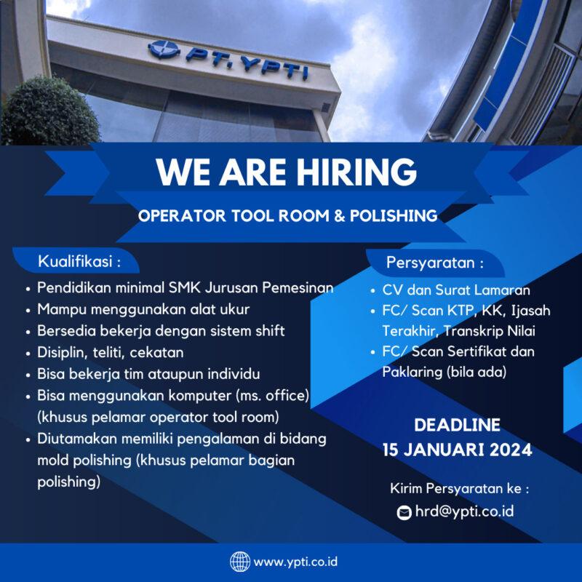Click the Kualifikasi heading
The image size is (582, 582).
(x=79, y=260)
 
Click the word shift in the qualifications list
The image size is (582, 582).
(x=264, y=331)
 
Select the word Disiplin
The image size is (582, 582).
(x=61, y=352)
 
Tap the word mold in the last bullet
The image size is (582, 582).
(x=52, y=461)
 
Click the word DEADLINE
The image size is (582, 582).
(x=457, y=426)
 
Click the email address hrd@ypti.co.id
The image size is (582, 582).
(x=464, y=511)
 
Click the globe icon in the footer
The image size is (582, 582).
(x=239, y=562)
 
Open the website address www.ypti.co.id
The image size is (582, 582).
(x=295, y=562)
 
